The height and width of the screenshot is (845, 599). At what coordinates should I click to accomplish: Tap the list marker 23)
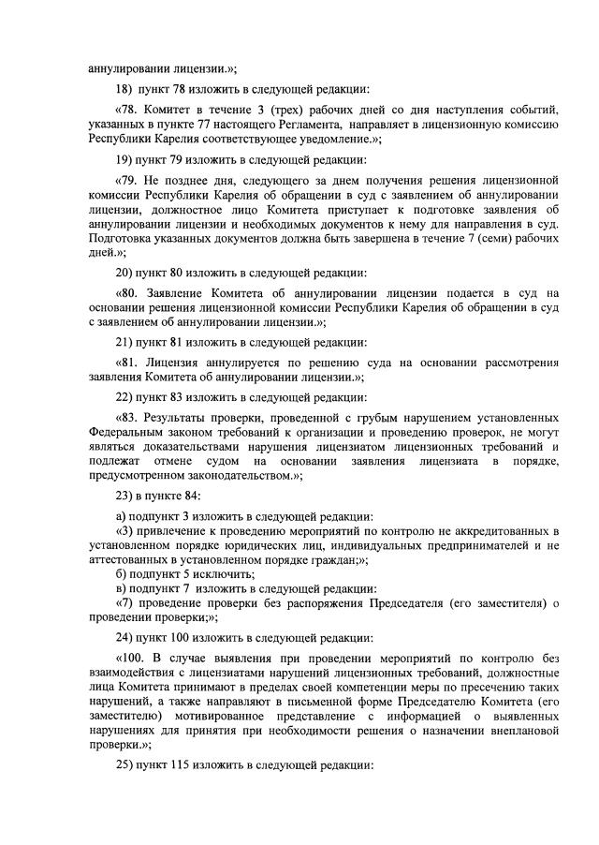point(124,496)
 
